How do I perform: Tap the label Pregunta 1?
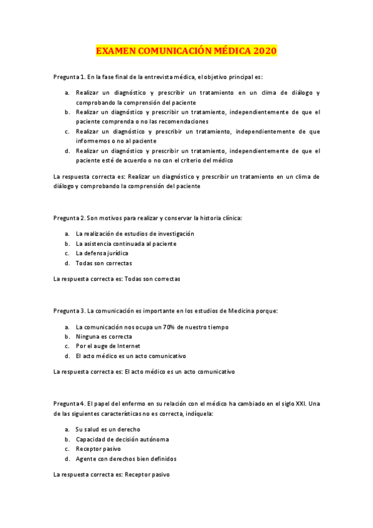point(69,77)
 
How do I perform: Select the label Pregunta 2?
point(69,218)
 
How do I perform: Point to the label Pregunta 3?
point(69,310)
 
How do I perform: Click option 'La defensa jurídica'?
point(102,253)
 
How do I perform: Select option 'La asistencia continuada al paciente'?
point(126,243)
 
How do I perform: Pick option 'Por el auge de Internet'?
point(108,346)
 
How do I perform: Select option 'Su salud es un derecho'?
point(107,429)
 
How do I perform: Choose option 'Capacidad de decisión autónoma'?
point(122,439)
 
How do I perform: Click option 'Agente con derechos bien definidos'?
point(126,459)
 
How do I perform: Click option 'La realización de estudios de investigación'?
point(135,233)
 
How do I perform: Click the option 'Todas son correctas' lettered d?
point(103,263)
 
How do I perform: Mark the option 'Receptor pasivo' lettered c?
point(98,449)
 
